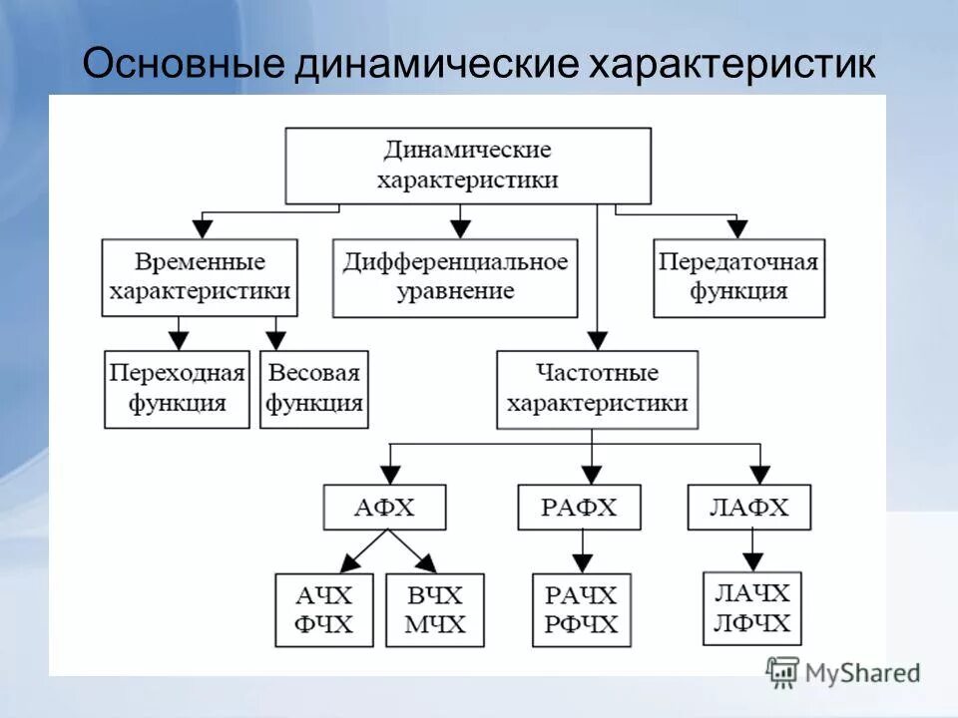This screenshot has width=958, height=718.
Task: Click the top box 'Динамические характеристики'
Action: pyautogui.click(x=468, y=166)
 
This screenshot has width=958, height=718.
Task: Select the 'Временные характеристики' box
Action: pyautogui.click(x=200, y=277)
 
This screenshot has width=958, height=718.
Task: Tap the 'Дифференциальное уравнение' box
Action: pyautogui.click(x=455, y=277)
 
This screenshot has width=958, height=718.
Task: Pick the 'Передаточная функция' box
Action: pyautogui.click(x=738, y=277)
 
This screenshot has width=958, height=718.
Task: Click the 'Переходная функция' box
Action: pyautogui.click(x=178, y=389)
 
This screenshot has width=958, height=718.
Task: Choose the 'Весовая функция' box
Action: pyautogui.click(x=313, y=389)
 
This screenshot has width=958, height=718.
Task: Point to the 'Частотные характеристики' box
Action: pyautogui.click(x=596, y=389)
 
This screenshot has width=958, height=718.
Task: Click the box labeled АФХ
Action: pyautogui.click(x=384, y=509)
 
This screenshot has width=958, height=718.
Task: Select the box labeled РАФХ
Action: pyautogui.click(x=580, y=509)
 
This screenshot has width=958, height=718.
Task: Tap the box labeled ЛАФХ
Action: pyautogui.click(x=749, y=508)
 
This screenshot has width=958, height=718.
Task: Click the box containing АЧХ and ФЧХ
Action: pyautogui.click(x=324, y=610)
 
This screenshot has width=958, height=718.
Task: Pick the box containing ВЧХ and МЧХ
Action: pyautogui.click(x=434, y=610)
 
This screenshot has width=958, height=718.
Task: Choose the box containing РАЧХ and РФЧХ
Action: pyautogui.click(x=581, y=610)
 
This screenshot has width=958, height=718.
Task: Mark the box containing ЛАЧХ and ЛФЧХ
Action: pyautogui.click(x=751, y=608)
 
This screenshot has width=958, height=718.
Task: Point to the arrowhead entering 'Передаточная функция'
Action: pyautogui.click(x=737, y=229)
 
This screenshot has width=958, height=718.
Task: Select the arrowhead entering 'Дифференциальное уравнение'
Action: pyautogui.click(x=459, y=229)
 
